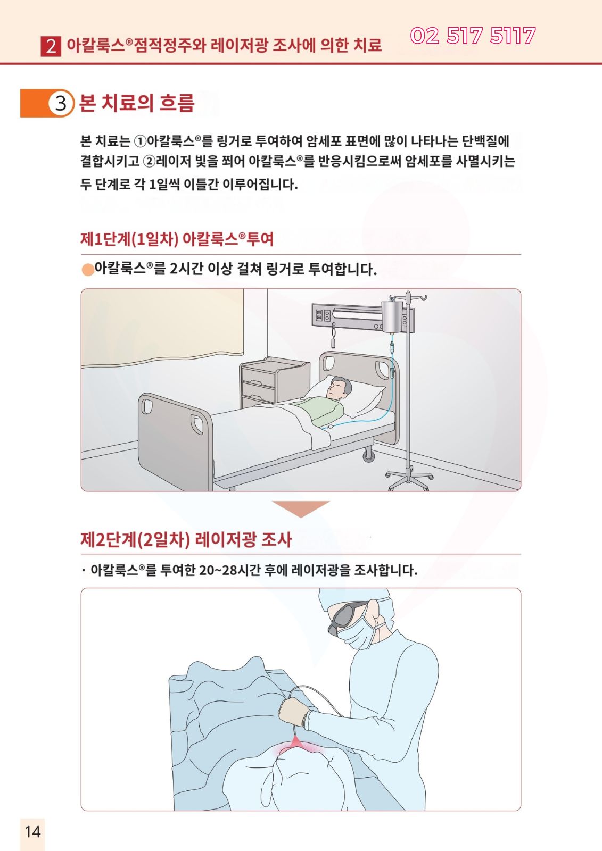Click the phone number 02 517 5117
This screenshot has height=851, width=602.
[x=473, y=36]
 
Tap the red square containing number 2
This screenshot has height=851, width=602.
[x=51, y=46]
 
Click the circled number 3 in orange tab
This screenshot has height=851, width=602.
[x=61, y=103]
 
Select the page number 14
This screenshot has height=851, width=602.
[x=32, y=832]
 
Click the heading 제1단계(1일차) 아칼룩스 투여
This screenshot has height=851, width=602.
[x=177, y=239]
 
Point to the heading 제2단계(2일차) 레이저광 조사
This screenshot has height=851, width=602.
[x=186, y=539]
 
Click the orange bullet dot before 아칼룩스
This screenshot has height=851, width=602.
[x=87, y=269]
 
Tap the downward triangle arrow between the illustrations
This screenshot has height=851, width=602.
[x=301, y=508]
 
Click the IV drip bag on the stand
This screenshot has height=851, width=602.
[x=391, y=317]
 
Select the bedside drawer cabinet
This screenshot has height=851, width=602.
[x=274, y=381]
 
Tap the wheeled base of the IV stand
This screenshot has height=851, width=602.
[x=408, y=479]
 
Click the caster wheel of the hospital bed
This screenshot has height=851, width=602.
[x=368, y=455]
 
